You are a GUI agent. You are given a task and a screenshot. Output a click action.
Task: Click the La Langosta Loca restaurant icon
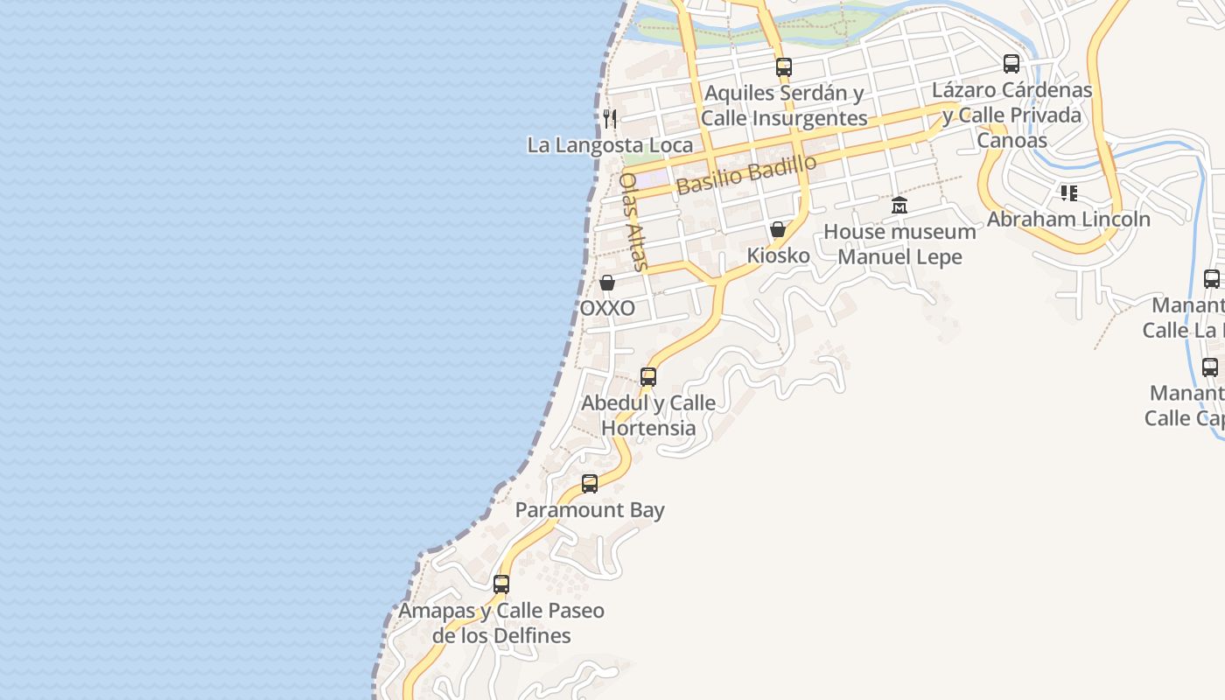[610, 118]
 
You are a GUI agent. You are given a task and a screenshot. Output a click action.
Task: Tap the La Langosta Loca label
[610, 145]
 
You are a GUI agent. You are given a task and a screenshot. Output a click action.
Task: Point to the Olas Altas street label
[633, 220]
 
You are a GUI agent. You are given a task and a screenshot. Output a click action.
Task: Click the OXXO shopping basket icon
[606, 283]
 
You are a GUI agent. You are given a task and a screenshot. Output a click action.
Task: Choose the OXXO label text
[607, 309]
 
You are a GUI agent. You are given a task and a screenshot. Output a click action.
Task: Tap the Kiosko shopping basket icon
[777, 229]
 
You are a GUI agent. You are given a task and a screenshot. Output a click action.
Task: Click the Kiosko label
[778, 255]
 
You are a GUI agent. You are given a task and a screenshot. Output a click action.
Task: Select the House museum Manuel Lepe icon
[899, 206]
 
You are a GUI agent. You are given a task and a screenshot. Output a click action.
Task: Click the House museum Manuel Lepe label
[899, 244]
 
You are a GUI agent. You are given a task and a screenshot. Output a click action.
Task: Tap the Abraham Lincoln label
[1068, 219]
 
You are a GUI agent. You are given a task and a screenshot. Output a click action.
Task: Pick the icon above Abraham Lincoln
[1068, 192]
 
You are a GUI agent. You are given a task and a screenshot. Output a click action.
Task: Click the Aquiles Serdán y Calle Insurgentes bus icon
[783, 66]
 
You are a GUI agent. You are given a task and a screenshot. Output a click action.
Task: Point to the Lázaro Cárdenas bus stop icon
[1011, 64]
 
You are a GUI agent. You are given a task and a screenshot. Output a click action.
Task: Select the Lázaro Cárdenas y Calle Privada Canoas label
[1011, 115]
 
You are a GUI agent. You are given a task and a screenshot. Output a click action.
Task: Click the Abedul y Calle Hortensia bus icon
[648, 377]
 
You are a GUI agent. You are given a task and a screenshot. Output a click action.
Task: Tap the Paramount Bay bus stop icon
[590, 484]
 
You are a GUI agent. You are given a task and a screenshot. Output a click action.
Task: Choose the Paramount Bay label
[590, 510]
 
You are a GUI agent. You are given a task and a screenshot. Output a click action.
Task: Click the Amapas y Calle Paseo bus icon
[501, 584]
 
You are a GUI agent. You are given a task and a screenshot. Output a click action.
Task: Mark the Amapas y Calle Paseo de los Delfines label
[501, 623]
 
